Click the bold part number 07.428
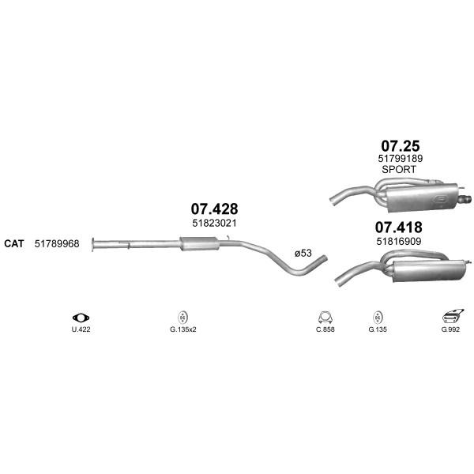pos(214,209)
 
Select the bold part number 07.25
pos(401,146)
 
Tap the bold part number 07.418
pos(399,228)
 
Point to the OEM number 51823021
pos(214,224)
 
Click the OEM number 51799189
pos(401,159)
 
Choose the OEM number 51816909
pos(399,242)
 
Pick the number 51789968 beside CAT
pos(57,243)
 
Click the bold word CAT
pos(14,243)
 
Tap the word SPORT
pos(399,170)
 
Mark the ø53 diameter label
pos(303,253)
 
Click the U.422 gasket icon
pos(81,318)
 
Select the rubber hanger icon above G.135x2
pos(182,318)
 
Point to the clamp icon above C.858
pos(325,318)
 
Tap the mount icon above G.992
pos(452,317)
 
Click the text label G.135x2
pos(183,329)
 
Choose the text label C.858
pos(325,329)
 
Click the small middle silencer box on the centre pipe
pos(199,243)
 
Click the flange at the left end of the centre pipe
pos(93,244)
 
